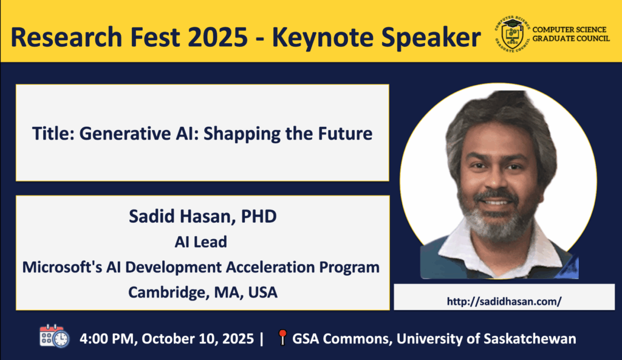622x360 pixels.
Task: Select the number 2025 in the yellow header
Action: pos(218,38)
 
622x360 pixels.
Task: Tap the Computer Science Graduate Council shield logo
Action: pos(512,35)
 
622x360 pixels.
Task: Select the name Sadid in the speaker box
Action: pos(152,217)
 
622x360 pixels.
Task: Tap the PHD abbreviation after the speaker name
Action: pos(259,217)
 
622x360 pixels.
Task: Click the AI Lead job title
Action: pos(200,242)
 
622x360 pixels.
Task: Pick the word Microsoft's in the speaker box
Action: pos(63,267)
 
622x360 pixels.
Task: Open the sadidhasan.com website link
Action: pos(504,301)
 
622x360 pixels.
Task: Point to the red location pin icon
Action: pos(282,337)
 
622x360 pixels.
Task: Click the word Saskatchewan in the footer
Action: pos(530,339)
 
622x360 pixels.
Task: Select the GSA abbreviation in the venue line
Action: pos(306,339)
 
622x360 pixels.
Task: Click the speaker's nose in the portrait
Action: pos(496,179)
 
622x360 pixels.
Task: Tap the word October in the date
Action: pos(169,339)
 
